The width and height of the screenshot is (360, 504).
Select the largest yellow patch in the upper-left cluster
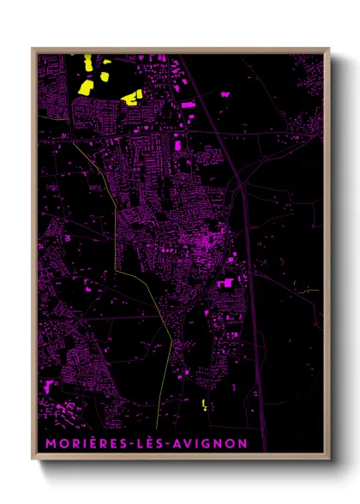[x=87, y=87]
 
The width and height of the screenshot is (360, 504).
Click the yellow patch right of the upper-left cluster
[x=131, y=97]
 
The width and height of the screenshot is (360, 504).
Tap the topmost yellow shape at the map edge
[x=87, y=61]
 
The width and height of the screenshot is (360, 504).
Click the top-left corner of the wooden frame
[x=33, y=49]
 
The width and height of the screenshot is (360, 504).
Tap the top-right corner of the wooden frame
[x=328, y=49]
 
